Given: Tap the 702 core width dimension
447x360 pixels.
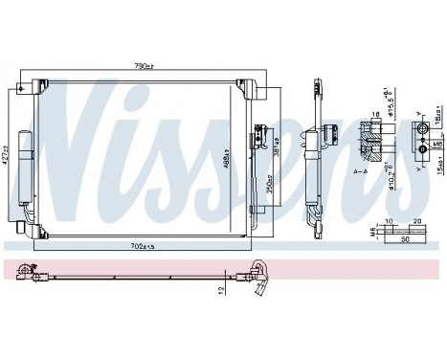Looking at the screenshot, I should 141,246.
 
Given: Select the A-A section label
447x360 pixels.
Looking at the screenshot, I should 354,171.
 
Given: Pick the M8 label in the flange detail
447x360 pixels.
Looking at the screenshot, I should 437,146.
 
